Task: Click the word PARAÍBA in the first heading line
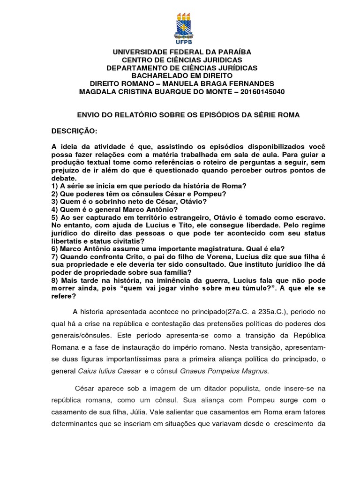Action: pyautogui.click(x=232, y=52)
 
